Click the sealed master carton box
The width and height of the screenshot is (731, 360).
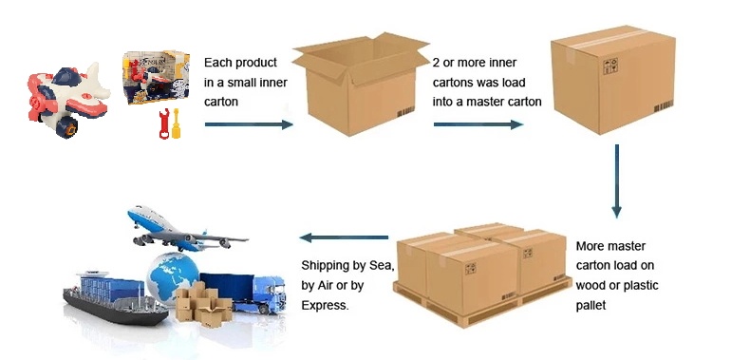tap(613, 82)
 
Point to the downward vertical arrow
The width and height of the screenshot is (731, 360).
tap(616, 181)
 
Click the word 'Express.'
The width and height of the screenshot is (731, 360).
tap(325, 306)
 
